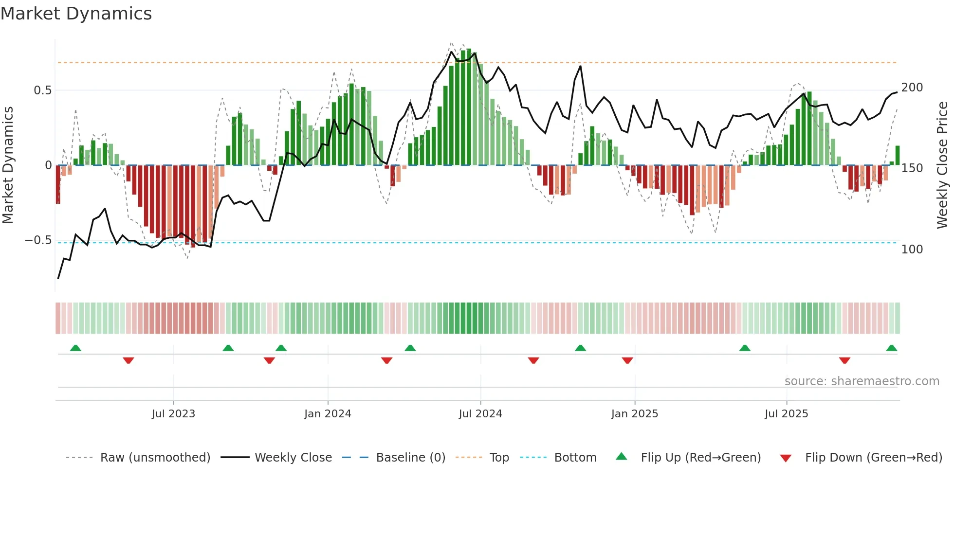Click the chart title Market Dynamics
point(76,14)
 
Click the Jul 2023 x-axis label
point(173,414)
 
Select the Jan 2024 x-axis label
point(328,414)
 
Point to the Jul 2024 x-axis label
point(480,414)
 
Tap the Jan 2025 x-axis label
point(634,414)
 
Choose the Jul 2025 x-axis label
point(786,414)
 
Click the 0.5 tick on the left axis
point(42,90)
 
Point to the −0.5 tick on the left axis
point(38,240)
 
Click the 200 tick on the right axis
point(912,88)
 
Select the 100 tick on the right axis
point(912,250)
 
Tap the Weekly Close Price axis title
point(942,165)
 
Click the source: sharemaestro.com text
point(862,381)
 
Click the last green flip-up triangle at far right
point(891,348)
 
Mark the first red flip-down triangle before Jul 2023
point(128,360)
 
